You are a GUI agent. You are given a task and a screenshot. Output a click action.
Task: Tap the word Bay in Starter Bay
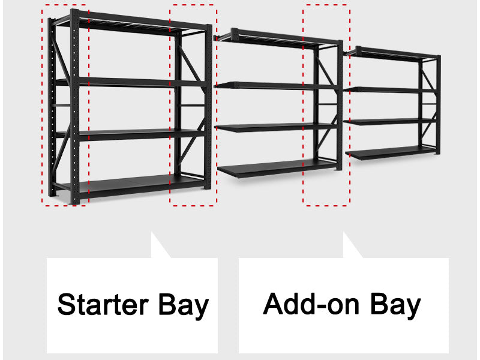[x=184, y=305]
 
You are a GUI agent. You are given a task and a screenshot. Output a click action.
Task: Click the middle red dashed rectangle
[x=193, y=105]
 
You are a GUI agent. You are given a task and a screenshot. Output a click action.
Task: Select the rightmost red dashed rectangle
[x=326, y=105]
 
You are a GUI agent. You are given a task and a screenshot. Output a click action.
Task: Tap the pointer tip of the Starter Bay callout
[x=152, y=235]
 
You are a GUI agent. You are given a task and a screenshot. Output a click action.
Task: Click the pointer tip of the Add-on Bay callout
[x=344, y=235]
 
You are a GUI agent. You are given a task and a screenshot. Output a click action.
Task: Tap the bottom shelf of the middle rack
[x=276, y=169]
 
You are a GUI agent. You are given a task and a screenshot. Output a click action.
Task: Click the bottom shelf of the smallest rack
[x=390, y=154]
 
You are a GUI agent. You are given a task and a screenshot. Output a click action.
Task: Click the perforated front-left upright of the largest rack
[x=74, y=108]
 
